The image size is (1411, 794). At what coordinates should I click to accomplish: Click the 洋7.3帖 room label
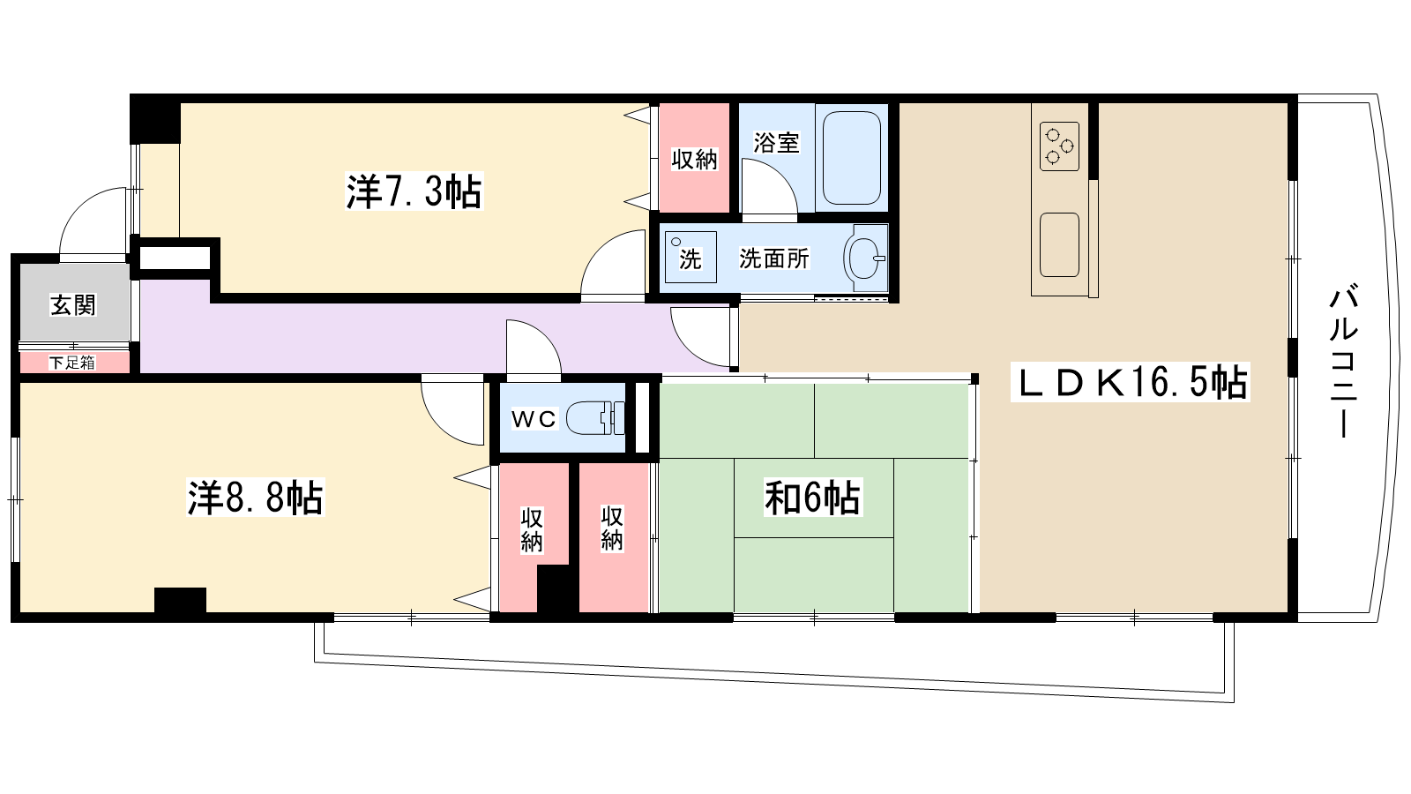(x=414, y=191)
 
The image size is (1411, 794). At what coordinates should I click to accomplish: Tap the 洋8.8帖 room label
(x=256, y=498)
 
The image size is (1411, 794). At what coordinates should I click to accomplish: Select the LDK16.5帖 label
(x=1133, y=383)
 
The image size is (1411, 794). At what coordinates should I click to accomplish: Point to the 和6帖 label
(x=812, y=498)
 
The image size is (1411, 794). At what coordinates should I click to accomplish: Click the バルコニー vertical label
(x=1343, y=361)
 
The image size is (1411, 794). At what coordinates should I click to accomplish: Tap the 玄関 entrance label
(x=73, y=305)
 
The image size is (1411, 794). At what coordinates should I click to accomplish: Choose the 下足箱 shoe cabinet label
(x=72, y=362)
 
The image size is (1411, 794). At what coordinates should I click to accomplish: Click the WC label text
(x=534, y=419)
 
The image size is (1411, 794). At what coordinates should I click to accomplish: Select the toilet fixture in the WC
(x=595, y=418)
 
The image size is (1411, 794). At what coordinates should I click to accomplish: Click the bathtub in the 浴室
(x=852, y=158)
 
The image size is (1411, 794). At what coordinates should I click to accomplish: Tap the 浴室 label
(x=776, y=142)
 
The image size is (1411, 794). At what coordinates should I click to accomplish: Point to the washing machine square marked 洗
(x=691, y=257)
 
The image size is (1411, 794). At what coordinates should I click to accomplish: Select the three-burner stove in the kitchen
(x=1059, y=146)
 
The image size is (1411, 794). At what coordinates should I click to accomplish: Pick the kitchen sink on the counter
(x=1059, y=244)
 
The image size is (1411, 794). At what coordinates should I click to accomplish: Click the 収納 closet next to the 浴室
(x=695, y=159)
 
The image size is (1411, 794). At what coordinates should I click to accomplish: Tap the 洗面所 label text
(x=773, y=258)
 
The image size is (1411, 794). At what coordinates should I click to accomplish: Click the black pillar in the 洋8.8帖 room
(x=180, y=600)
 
